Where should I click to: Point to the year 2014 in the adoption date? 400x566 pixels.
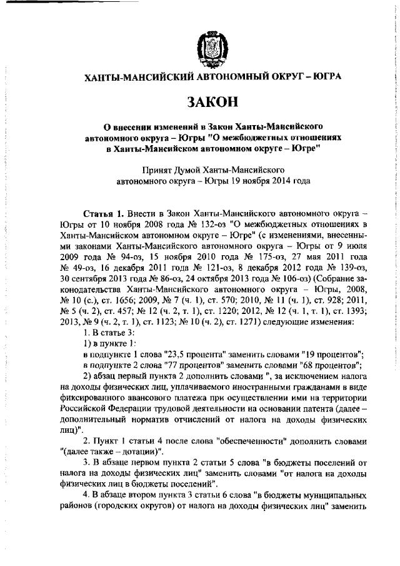pyautogui.click(x=271, y=181)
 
